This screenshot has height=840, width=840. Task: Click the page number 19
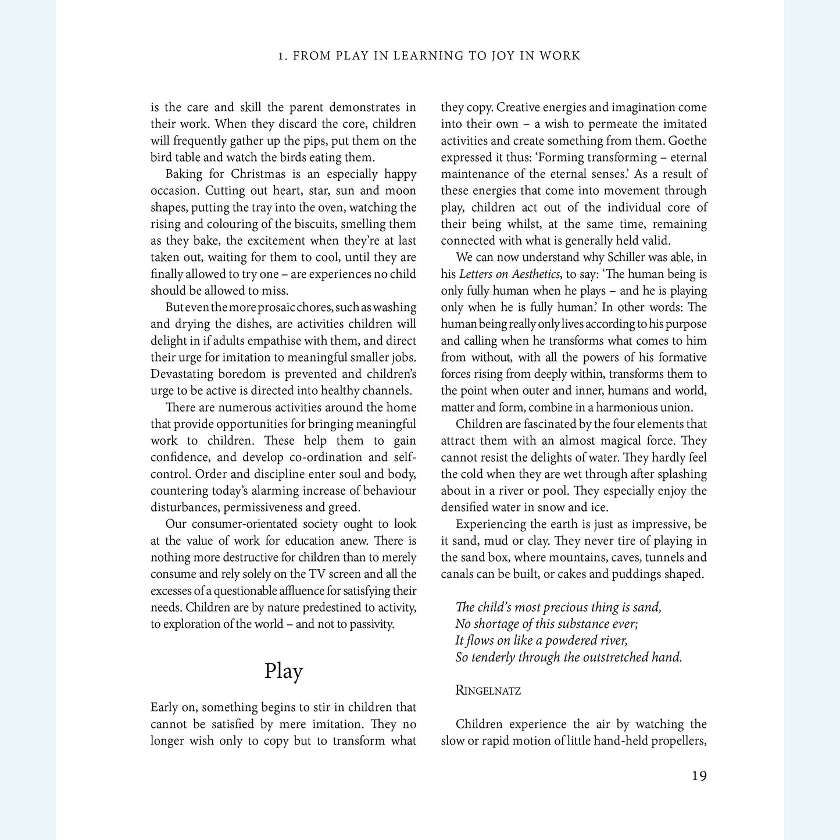pyautogui.click(x=699, y=776)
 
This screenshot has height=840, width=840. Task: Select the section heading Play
pyautogui.click(x=284, y=671)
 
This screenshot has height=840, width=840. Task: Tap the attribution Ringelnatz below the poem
pyautogui.click(x=488, y=691)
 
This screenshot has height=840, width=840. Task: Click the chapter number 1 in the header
pyautogui.click(x=281, y=56)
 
